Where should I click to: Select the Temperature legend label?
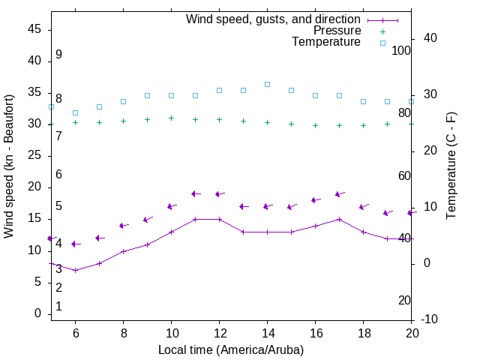(326, 42)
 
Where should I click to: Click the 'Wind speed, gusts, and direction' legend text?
(274, 19)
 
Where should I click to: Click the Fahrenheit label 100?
(401, 50)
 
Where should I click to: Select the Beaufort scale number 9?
(58, 55)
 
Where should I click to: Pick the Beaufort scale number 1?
(58, 307)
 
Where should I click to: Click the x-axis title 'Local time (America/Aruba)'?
(231, 349)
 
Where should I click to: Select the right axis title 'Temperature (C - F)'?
(451, 166)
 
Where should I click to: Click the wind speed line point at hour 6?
(75, 270)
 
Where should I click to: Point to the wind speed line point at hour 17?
(339, 219)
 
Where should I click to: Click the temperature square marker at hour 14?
(267, 84)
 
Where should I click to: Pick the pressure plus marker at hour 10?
(171, 118)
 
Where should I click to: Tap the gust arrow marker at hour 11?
(194, 193)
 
